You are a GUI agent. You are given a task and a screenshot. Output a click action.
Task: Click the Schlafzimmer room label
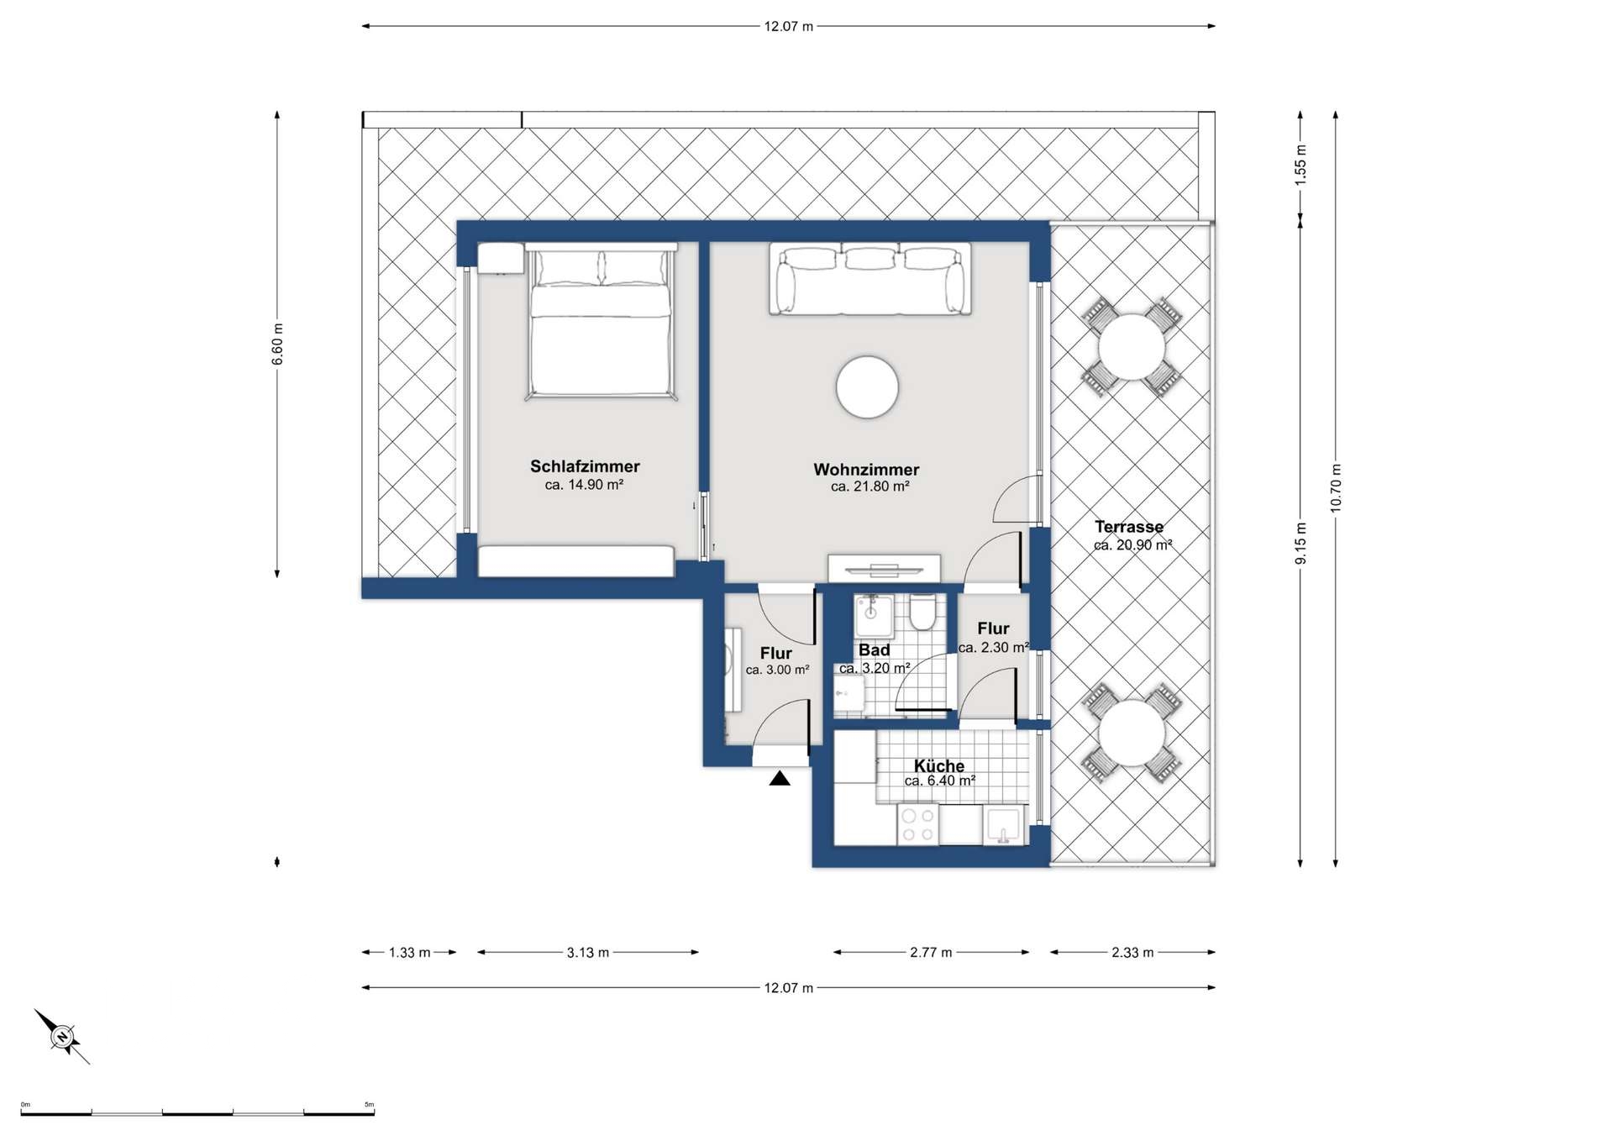(x=585, y=466)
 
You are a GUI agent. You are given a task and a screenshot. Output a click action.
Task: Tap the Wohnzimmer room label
(x=866, y=470)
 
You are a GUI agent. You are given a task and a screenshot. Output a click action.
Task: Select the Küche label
(x=939, y=765)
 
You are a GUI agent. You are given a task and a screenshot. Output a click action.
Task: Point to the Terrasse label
(x=1129, y=527)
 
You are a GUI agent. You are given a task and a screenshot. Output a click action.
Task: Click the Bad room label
(x=874, y=650)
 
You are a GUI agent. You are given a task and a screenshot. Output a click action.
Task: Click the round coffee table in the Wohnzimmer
(x=867, y=387)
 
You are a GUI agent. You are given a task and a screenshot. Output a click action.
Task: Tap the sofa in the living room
(x=870, y=279)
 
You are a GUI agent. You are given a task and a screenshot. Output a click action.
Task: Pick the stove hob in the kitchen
(x=917, y=823)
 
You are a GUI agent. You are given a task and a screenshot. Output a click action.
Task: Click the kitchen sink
(x=1004, y=825)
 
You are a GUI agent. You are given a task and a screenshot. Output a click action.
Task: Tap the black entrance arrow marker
(x=780, y=778)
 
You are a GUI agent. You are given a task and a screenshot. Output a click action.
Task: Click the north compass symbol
(x=62, y=1037)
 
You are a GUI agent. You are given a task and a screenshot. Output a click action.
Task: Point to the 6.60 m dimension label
(x=278, y=344)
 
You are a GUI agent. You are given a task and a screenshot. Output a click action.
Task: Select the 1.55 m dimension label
(x=1300, y=166)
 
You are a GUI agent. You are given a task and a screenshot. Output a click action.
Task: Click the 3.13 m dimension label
(x=588, y=953)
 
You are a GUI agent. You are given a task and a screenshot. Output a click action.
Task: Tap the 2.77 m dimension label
(x=931, y=953)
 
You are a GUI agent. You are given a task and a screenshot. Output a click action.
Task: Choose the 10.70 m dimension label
(x=1336, y=488)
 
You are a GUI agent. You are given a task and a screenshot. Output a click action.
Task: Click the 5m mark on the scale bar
(x=369, y=1105)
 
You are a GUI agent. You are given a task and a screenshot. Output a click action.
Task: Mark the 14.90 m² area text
(x=584, y=485)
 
